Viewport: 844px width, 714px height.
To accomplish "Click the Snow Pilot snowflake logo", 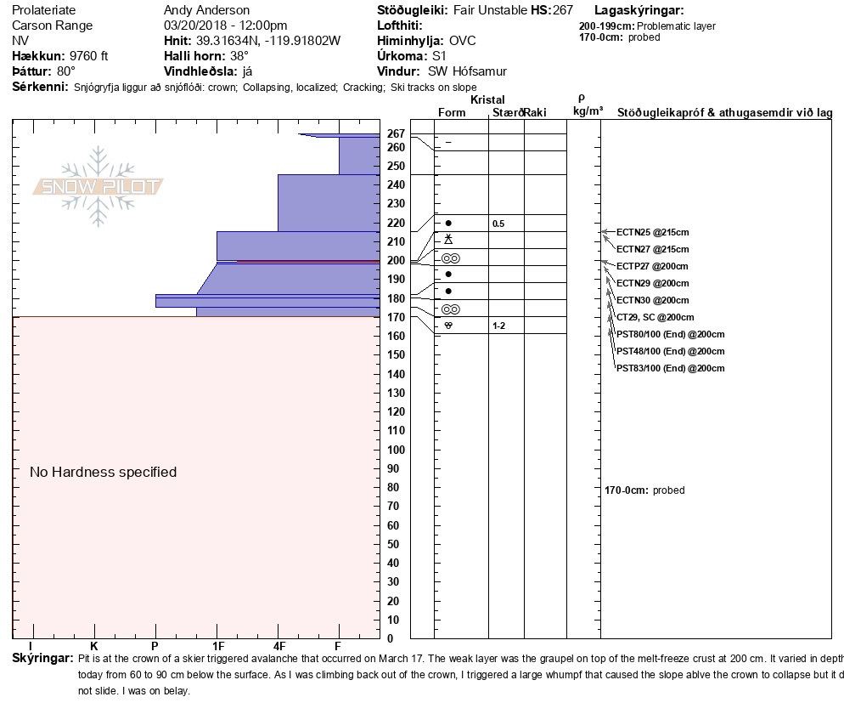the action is coord(98,186).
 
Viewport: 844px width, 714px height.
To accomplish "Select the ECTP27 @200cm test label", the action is coord(652,266).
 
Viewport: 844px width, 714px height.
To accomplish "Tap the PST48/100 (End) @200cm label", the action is coord(670,351).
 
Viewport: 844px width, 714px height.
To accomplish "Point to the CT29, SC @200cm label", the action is coord(655,317).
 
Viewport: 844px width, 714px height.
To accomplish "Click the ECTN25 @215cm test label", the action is coord(652,232).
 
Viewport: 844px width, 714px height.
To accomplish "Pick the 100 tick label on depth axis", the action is coord(397,450).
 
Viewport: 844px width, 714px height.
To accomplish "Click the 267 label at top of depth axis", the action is coord(397,133).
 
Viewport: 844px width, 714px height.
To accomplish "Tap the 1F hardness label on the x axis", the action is coord(218,646).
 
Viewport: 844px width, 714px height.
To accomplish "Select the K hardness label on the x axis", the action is coord(93,646).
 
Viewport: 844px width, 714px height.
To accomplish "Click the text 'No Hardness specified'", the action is coord(104,472).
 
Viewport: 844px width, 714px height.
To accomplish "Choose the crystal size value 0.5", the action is coord(498,224).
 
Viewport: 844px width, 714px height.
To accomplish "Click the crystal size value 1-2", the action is coord(498,326).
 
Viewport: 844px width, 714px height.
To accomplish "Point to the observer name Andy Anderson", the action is coord(206,10).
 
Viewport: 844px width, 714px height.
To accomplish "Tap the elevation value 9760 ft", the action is coord(89,56).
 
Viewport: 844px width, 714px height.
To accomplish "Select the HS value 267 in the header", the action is coord(563,10).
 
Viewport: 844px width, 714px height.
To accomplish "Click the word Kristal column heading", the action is coord(487,99).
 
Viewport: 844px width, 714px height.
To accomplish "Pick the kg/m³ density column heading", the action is coord(588,111).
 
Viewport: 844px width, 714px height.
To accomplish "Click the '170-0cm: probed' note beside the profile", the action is coord(644,490).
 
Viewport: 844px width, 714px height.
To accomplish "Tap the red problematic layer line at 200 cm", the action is coord(308,261).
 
